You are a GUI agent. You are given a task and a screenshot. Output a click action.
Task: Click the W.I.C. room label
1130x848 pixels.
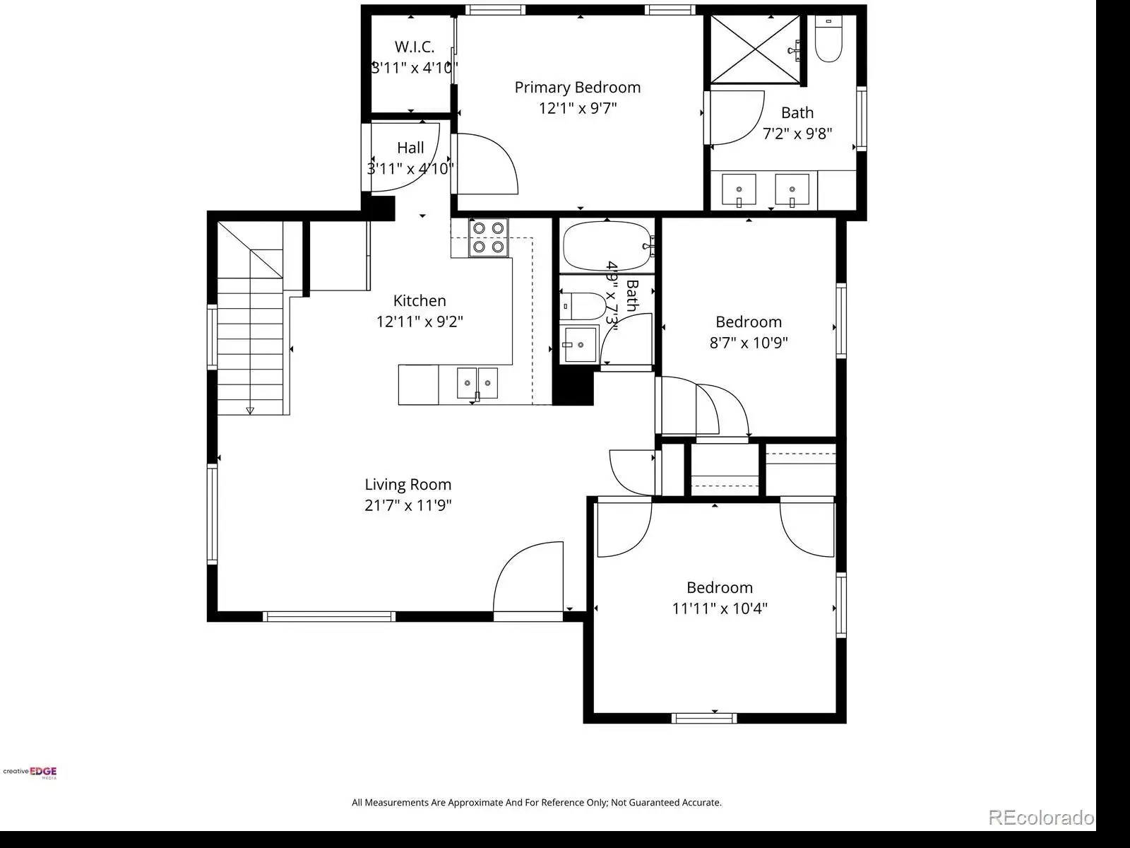coord(415,47)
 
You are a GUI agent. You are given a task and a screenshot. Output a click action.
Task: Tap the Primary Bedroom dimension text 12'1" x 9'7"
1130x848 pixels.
coord(578,108)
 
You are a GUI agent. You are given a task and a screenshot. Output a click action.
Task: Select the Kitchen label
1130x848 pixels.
coord(420,300)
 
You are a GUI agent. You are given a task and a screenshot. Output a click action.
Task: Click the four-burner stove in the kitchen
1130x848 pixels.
coord(488,237)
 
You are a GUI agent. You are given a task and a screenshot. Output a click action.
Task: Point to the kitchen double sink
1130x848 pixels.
coord(477,384)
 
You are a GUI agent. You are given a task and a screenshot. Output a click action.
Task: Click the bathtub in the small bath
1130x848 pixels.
coord(607,246)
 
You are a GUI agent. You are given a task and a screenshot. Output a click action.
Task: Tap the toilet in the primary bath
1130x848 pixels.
coord(828,39)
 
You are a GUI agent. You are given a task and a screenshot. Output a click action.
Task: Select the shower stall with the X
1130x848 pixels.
coord(755,49)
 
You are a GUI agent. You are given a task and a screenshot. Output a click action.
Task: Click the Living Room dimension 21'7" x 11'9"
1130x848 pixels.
coord(408,505)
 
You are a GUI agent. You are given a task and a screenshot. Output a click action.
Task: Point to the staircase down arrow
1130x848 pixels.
coord(250,411)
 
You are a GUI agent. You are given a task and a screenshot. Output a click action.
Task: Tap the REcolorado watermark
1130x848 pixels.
coord(1041,817)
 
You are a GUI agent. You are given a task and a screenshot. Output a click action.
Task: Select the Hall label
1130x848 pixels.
coord(410,148)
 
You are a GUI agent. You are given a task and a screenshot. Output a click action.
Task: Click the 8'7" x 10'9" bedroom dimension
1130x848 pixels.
coord(749,343)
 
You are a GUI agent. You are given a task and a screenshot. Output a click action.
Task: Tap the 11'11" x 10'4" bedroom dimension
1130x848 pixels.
coord(720,608)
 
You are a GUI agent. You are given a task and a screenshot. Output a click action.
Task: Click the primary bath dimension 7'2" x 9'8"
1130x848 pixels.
coord(797,134)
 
